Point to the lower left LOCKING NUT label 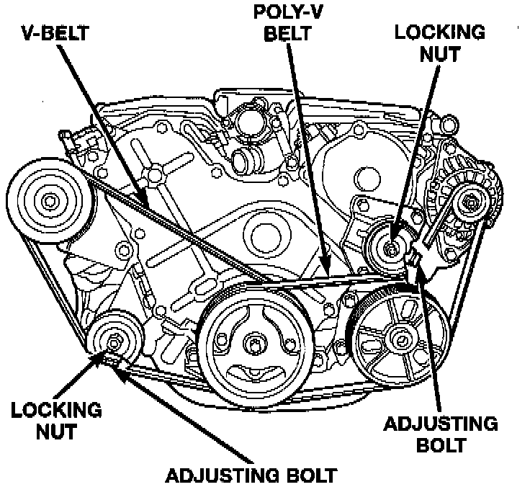(x=55, y=421)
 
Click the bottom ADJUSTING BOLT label (x=252, y=475)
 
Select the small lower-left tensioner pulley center (x=112, y=341)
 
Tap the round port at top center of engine (x=243, y=124)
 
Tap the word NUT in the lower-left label (x=55, y=432)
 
